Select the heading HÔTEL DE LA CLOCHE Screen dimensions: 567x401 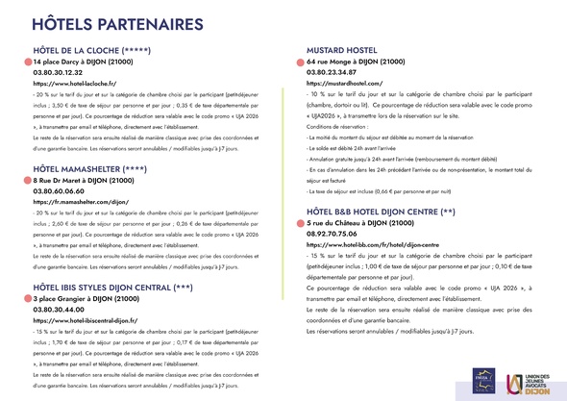pyautogui.click(x=91, y=50)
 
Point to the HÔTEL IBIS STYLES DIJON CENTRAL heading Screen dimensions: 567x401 pyautogui.click(x=125, y=261)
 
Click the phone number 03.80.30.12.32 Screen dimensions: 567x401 pyautogui.click(x=65, y=73)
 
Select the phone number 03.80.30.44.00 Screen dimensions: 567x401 pyautogui.click(x=65, y=284)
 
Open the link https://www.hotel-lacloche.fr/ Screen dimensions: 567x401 pyautogui.click(x=74, y=85)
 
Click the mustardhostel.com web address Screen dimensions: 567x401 pyautogui.click(x=345, y=85)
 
